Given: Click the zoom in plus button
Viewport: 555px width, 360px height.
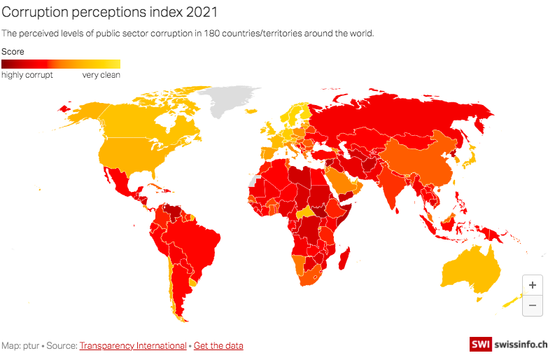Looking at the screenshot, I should click(x=533, y=285).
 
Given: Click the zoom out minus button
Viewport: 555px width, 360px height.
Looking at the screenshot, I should click(x=533, y=305).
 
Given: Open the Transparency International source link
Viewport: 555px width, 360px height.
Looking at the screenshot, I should click(x=133, y=345).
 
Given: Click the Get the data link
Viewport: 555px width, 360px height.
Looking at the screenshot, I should click(x=218, y=345).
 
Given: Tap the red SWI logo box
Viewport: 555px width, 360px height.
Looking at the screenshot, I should click(x=480, y=345).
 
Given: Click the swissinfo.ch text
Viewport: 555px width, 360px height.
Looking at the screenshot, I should click(x=520, y=345).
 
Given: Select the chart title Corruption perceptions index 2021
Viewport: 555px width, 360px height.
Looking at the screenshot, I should click(x=109, y=13).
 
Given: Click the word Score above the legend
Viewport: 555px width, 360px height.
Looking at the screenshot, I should click(x=13, y=52).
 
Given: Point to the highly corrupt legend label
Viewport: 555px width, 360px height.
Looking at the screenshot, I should click(x=27, y=75).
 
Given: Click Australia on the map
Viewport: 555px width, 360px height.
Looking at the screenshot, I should click(x=470, y=269).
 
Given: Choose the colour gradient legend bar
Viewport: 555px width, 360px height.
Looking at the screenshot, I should click(x=61, y=64).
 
